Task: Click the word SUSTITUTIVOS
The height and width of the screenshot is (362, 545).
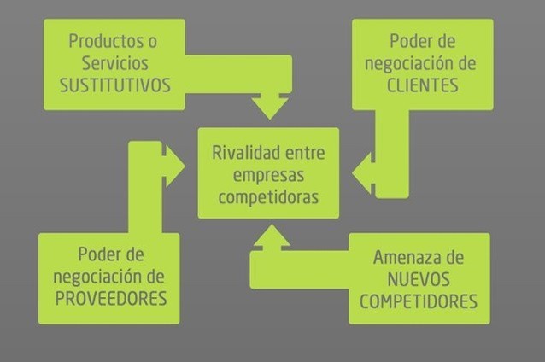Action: click(114, 85)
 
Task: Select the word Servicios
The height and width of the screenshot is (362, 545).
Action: click(114, 63)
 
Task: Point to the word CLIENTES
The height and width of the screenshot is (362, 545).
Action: click(422, 85)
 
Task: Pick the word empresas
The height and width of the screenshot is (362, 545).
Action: click(268, 175)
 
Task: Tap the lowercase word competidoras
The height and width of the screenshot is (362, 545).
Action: click(268, 197)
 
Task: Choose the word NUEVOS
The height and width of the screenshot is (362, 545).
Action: click(419, 279)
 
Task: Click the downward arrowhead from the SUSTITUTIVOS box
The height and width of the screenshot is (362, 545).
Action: click(270, 107)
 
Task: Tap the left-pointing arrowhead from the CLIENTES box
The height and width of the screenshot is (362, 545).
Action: click(363, 173)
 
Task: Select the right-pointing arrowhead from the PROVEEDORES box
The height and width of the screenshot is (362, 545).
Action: click(174, 165)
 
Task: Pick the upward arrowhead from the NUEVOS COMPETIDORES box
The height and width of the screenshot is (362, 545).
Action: click(271, 237)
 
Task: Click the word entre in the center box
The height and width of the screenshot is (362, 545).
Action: click(308, 153)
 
